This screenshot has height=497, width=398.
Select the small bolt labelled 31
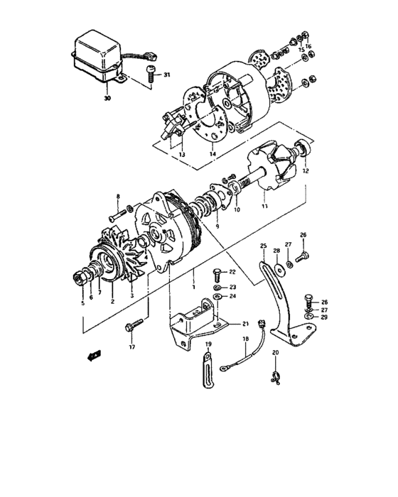(150, 72)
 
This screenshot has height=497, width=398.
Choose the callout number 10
(237, 211)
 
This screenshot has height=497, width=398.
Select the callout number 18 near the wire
(246, 339)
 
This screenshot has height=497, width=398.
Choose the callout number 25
(263, 246)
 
